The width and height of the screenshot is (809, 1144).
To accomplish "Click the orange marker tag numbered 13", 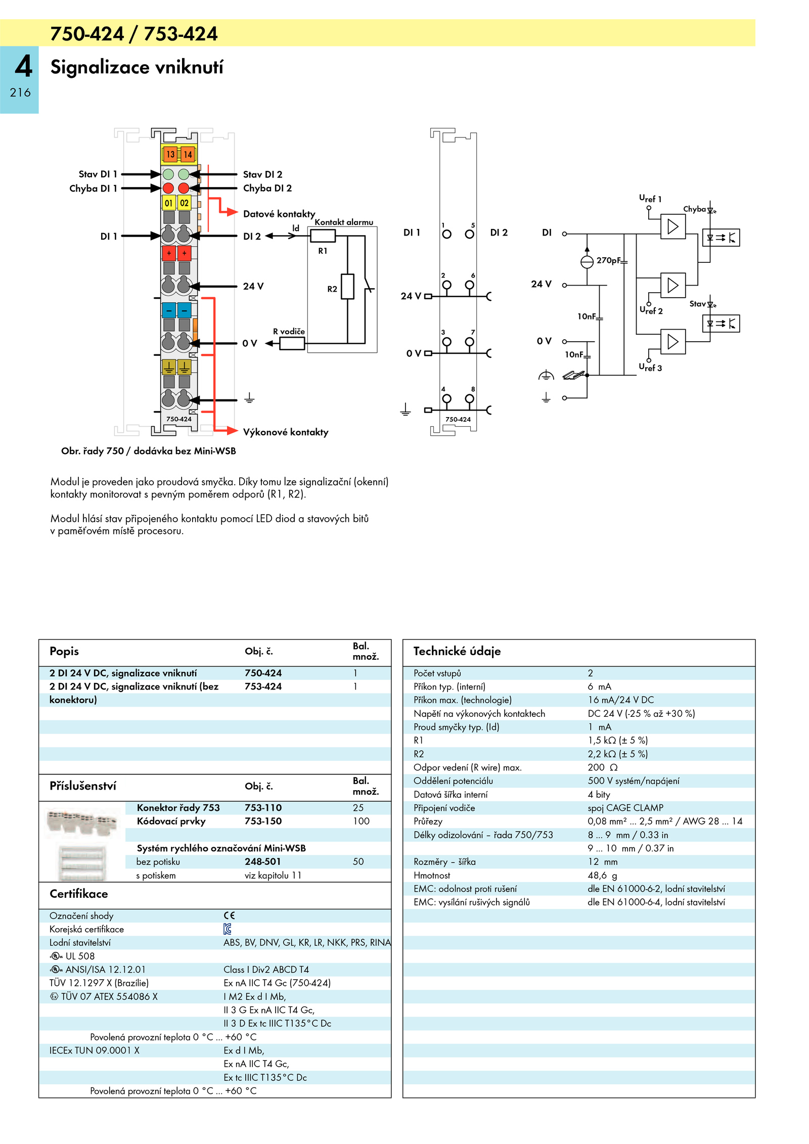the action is tap(170, 154).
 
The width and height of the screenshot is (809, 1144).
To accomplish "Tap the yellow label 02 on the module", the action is tap(184, 203).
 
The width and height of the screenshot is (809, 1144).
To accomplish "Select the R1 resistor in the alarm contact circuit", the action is tap(323, 236).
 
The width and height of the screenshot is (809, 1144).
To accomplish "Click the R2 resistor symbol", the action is tap(347, 287).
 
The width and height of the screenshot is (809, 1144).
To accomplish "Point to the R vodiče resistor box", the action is tap(292, 343).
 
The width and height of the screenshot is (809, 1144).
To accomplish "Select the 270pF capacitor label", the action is tap(608, 260).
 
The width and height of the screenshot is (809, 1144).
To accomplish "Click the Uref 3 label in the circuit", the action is tap(650, 368).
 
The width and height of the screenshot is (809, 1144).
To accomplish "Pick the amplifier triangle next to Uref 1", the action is tap(673, 226).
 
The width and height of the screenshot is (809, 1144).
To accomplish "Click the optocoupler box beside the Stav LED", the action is tap(721, 323).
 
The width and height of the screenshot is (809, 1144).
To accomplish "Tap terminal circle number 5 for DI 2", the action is tap(470, 234).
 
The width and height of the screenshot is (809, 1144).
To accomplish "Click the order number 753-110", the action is tap(263, 808).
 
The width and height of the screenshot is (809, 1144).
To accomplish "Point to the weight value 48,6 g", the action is tap(602, 876).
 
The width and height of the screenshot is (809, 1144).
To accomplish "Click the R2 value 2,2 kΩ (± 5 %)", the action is tap(617, 754).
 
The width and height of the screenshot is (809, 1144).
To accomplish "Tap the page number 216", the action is tap(20, 93).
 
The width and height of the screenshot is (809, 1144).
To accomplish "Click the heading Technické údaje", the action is tap(457, 651).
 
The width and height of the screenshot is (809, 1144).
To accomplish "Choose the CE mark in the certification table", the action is tap(229, 916).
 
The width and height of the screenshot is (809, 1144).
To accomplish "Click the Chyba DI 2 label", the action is tap(267, 188).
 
